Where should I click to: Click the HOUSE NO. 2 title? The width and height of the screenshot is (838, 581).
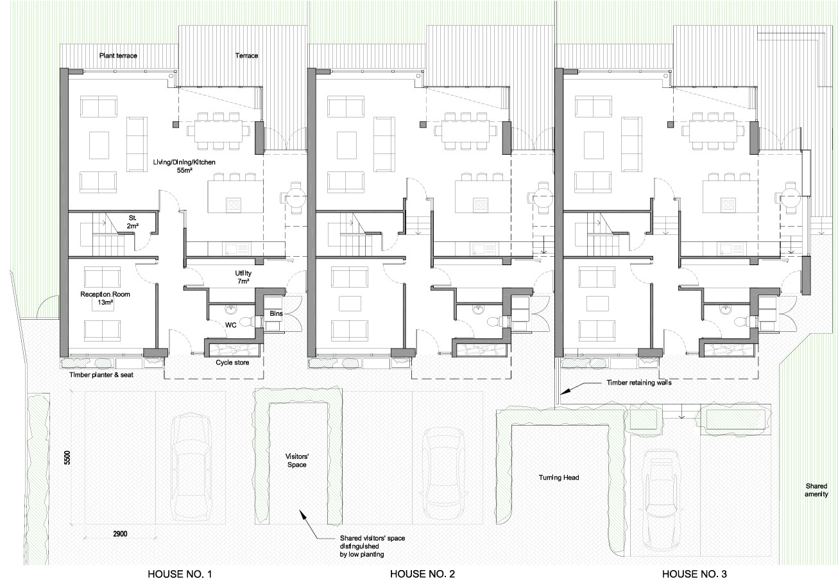tap(422, 573)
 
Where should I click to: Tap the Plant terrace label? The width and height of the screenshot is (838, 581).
tap(118, 56)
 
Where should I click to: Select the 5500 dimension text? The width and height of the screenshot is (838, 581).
tap(67, 458)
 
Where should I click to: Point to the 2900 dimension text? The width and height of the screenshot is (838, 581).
tap(120, 534)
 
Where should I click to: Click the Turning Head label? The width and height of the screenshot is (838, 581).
tap(559, 477)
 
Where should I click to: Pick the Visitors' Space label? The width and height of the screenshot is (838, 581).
tap(297, 460)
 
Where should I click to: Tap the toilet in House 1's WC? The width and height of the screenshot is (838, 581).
tap(247, 321)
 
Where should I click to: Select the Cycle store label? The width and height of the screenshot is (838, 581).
tap(232, 362)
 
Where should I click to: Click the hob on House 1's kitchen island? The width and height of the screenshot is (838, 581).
tap(234, 205)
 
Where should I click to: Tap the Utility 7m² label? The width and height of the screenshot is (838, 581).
tap(243, 277)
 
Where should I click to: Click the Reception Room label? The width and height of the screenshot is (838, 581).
tap(105, 294)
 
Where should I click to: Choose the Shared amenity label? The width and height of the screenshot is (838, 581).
tap(816, 490)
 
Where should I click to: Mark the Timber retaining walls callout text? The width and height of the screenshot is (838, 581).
tap(639, 383)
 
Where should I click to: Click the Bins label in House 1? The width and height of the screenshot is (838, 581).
tap(276, 313)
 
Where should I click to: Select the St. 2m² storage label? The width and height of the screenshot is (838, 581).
tap(132, 221)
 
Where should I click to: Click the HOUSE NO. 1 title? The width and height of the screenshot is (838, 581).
tap(180, 573)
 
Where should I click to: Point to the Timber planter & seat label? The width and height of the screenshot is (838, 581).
tap(101, 375)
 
